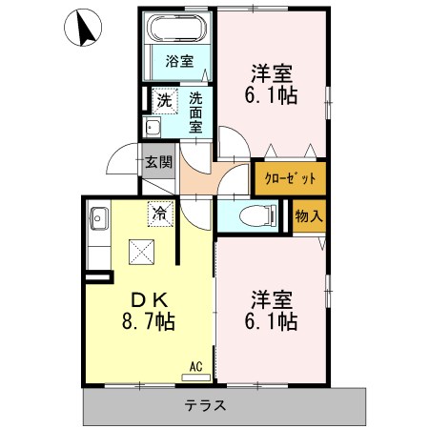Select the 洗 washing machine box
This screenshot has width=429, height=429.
[164, 99]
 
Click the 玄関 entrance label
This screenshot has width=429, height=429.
[158, 163]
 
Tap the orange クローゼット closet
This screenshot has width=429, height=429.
[289, 178]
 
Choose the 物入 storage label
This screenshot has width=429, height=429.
[309, 216]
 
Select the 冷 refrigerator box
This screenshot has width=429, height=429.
[159, 214]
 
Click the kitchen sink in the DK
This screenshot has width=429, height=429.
[98, 220]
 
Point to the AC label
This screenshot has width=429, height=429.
[195, 365]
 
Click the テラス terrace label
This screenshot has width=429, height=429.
[206, 405]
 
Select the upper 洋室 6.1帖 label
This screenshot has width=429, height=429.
[272, 83]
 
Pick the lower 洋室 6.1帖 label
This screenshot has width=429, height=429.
[272, 308]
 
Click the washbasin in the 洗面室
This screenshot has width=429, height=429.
[152, 126]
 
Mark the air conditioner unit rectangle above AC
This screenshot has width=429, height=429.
[195, 378]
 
